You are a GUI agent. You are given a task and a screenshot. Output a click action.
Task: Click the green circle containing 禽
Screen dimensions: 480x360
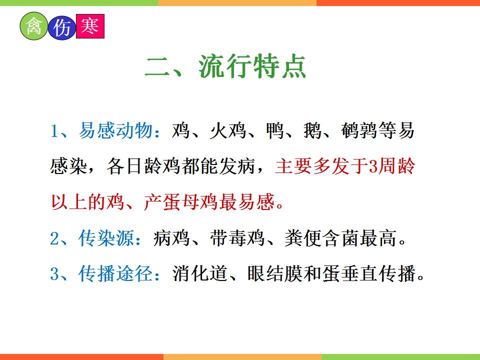[x=33, y=26]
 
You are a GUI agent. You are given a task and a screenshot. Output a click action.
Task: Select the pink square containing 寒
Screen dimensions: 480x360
[x=90, y=26]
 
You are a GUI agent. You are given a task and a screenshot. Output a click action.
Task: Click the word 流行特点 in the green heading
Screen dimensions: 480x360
[x=252, y=66]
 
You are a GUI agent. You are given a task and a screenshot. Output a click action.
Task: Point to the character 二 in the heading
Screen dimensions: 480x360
[x=157, y=67]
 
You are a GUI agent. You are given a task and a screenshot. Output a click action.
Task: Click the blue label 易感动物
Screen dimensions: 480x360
[x=115, y=130]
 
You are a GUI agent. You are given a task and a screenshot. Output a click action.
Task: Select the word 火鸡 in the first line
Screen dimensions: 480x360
[x=228, y=130]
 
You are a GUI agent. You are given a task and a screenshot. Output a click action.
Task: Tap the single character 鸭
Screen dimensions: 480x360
[x=275, y=130]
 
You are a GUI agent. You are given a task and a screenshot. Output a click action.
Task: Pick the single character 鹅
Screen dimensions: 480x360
[x=313, y=130]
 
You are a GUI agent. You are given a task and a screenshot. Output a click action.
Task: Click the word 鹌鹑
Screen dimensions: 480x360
[x=359, y=130]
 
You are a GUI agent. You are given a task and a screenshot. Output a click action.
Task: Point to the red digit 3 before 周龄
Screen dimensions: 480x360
[x=373, y=166]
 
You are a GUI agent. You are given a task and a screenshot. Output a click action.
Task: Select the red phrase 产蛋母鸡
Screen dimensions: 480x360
[x=181, y=202]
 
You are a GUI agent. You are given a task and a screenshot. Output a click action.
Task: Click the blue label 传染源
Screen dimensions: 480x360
[x=106, y=238]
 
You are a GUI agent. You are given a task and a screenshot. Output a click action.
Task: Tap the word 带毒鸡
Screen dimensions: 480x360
[x=237, y=238]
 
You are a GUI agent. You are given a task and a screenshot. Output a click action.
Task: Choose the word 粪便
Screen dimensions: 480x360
[x=303, y=238]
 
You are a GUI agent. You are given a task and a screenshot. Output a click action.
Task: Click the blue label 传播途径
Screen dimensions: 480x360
[x=115, y=273]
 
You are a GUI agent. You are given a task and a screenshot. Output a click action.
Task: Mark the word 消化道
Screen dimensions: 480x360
[x=200, y=273]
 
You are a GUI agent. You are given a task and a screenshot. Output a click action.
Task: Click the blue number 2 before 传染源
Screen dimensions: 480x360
[x=54, y=238]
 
